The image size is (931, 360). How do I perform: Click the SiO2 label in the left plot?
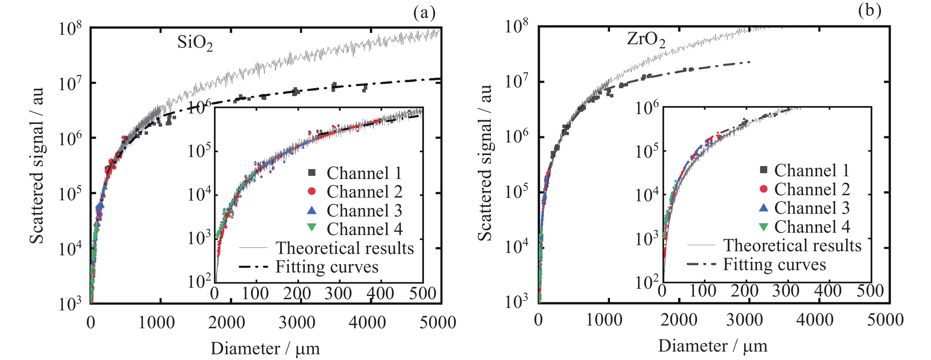click(x=195, y=43)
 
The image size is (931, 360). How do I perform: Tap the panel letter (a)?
click(x=424, y=13)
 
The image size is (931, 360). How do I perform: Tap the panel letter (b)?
click(x=870, y=10)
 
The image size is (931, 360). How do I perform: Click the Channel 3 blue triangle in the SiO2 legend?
click(x=311, y=210)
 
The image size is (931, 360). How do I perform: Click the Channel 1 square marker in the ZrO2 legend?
click(x=763, y=170)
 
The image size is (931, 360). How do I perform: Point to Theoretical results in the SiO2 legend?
click(x=345, y=248)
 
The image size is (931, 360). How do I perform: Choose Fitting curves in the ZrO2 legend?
click(x=774, y=264)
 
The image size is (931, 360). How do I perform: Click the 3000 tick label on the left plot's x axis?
click(x=297, y=323)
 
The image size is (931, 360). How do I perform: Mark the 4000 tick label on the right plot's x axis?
click(x=815, y=320)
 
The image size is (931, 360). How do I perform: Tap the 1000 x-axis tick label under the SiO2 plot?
click(x=156, y=323)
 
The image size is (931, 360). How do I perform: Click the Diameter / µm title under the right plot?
click(x=712, y=346)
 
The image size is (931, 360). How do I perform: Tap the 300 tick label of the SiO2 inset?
click(x=338, y=293)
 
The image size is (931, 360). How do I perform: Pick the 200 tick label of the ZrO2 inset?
click(x=744, y=291)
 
